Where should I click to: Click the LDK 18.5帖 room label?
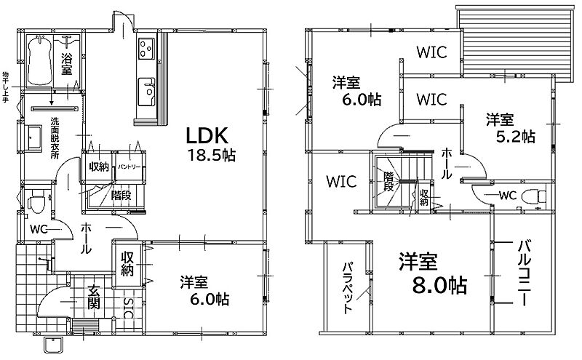[x=210, y=145]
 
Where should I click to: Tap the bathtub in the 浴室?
[x=39, y=60]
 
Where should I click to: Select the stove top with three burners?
[x=146, y=48]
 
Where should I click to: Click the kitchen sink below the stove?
[x=146, y=92]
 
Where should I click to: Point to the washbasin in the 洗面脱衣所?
[x=33, y=137]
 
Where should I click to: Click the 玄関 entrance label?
[x=94, y=297]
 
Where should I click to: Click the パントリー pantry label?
[x=129, y=167]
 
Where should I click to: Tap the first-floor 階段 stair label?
[x=121, y=195]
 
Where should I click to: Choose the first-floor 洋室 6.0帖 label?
[x=204, y=291]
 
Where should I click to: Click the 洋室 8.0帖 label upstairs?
[x=433, y=273]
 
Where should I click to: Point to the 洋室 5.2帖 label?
[x=511, y=129]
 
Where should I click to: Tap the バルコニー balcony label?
[x=524, y=273]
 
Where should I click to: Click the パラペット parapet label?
[x=348, y=287]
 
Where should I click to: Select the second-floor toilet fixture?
[x=534, y=196]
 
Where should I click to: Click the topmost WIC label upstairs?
[x=431, y=52]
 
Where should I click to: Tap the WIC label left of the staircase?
[x=341, y=181]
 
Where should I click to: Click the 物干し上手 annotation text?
[x=5, y=87]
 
